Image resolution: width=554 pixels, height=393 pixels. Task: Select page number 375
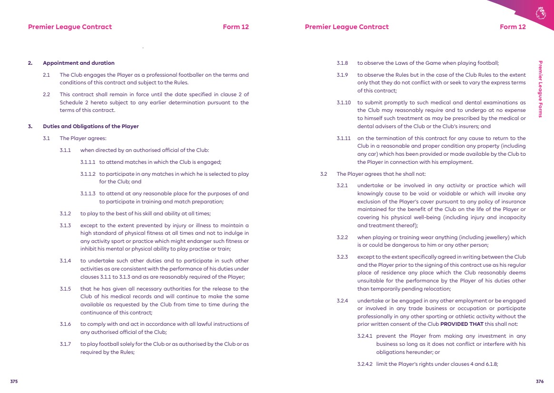click(14, 382)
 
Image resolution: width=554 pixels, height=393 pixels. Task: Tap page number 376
click(540, 382)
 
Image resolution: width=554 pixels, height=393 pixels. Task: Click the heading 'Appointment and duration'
click(79, 63)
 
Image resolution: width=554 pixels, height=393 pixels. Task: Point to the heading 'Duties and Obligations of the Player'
click(90, 126)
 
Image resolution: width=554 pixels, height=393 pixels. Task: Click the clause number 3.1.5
click(65, 289)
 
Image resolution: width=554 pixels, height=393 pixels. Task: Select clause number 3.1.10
click(344, 102)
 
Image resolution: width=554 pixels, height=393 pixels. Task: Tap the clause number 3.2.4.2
click(365, 364)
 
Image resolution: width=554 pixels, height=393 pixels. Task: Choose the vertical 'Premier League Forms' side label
click(540, 89)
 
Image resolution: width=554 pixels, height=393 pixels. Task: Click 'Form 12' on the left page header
click(236, 27)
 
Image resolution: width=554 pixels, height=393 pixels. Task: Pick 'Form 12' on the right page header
click(513, 27)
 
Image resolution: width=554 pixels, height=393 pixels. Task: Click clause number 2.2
click(46, 94)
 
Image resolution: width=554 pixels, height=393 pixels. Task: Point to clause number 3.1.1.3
click(88, 193)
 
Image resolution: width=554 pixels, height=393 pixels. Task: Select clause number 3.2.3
click(342, 257)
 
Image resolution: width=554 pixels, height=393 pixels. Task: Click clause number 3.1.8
click(342, 63)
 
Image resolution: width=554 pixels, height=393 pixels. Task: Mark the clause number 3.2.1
click(342, 185)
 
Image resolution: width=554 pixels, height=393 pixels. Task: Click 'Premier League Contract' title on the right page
click(346, 27)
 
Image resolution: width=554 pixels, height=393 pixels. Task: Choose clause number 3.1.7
click(65, 344)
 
